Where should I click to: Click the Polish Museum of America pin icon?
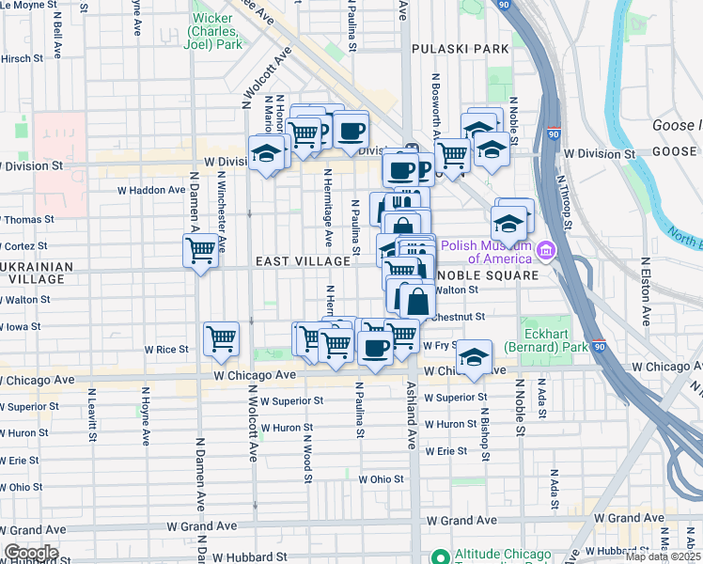point(545,250)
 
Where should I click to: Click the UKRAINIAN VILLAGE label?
point(38,273)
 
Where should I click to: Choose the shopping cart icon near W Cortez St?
point(199,250)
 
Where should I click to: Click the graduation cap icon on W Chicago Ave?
point(475,356)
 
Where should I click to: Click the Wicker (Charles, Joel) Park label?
point(215,30)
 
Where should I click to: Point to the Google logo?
point(30,553)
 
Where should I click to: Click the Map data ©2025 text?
point(664,557)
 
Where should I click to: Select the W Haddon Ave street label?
point(151,190)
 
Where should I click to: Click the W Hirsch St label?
point(24,57)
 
